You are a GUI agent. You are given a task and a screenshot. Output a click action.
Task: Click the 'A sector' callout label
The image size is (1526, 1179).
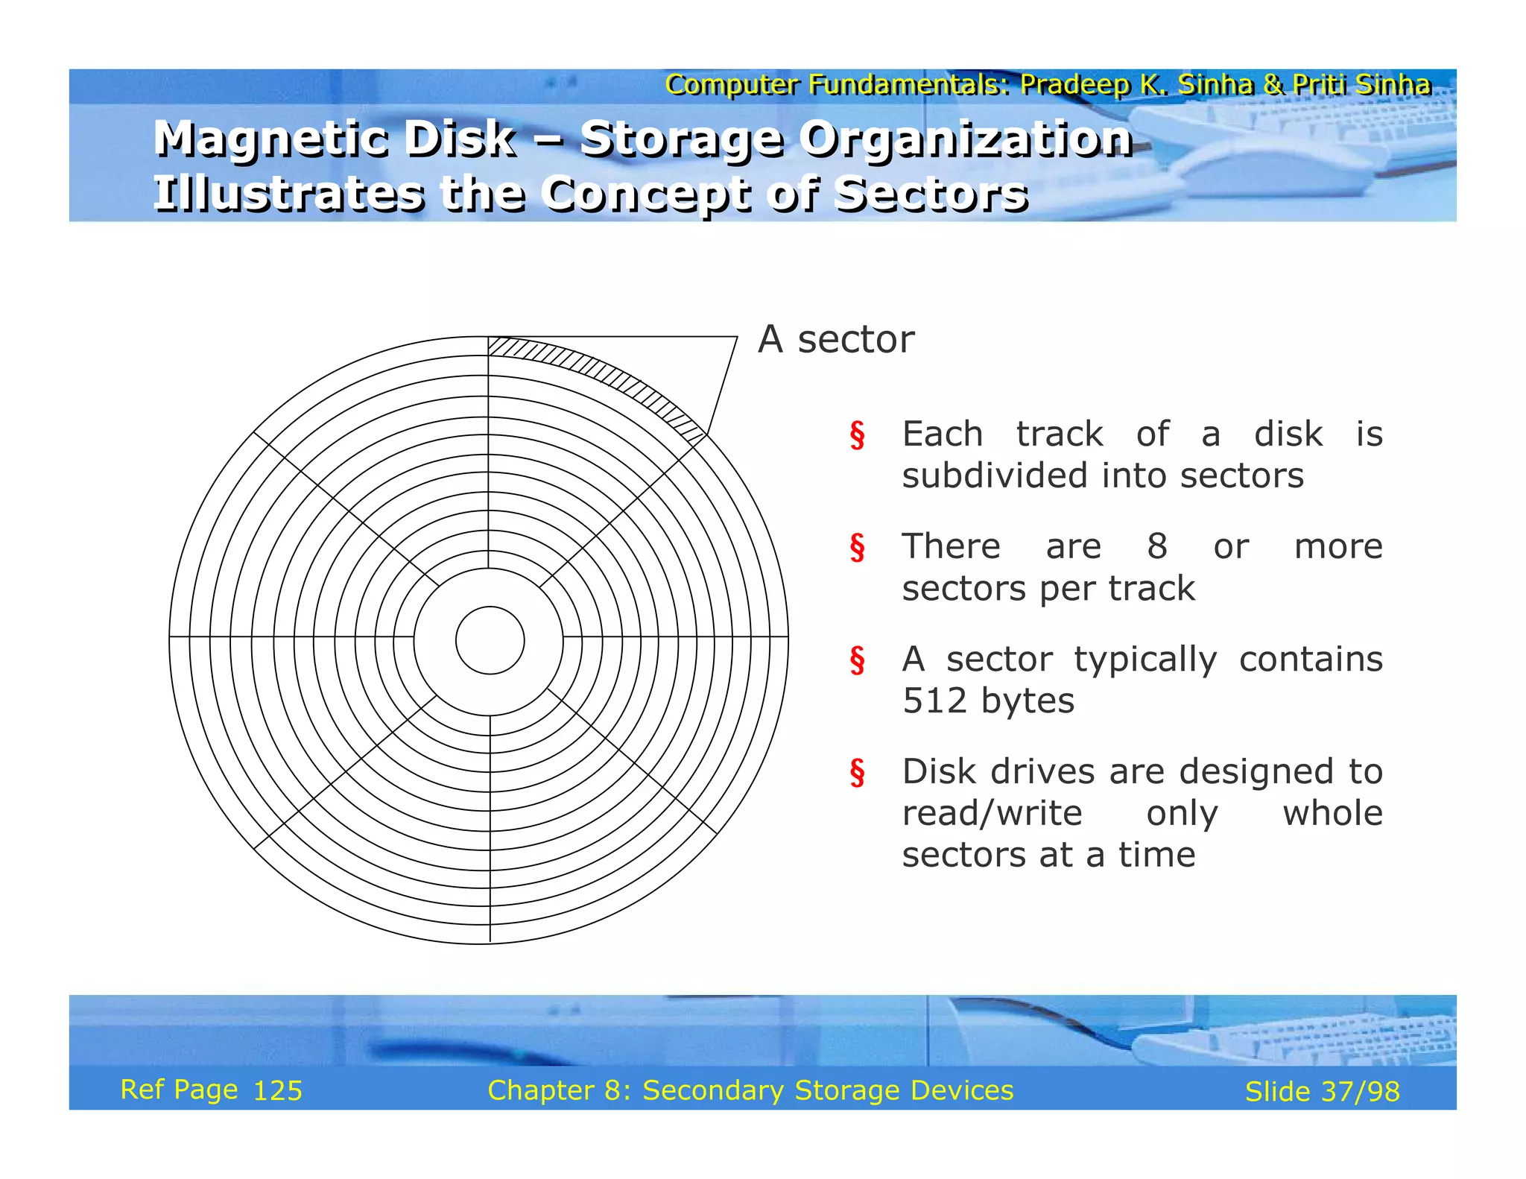click(x=835, y=340)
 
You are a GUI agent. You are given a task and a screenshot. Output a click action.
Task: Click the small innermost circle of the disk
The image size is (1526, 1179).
click(x=490, y=640)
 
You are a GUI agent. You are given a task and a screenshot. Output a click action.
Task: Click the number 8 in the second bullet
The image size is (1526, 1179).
click(x=1156, y=546)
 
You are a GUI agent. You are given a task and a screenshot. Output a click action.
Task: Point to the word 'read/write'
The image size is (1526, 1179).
click(x=992, y=813)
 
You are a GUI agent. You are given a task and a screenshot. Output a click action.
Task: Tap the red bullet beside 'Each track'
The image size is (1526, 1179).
click(x=858, y=435)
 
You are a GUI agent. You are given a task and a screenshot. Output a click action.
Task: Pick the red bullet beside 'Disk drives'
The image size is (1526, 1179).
click(x=858, y=773)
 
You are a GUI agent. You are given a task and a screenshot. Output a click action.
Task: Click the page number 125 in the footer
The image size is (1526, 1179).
click(x=278, y=1091)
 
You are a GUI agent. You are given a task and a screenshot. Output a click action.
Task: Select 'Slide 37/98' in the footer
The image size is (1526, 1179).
click(x=1322, y=1092)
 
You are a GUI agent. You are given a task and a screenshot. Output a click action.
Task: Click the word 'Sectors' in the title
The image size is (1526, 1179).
click(x=931, y=195)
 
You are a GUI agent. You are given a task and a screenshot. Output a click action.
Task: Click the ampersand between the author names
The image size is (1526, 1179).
click(x=1273, y=85)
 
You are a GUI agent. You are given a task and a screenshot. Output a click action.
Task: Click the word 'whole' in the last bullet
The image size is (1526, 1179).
click(x=1332, y=813)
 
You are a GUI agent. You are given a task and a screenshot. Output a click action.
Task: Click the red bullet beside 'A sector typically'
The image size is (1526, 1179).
click(x=858, y=660)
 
